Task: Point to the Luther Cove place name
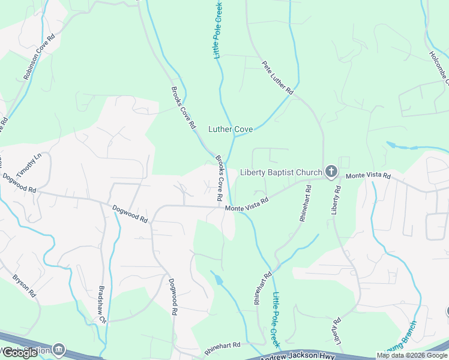(231, 129)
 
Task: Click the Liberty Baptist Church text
(281, 173)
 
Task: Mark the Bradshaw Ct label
(101, 304)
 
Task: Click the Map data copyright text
(411, 355)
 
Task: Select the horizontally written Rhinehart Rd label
(222, 346)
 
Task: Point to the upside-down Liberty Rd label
(334, 327)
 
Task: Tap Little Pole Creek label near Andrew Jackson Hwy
(277, 319)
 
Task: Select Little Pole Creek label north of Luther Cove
(219, 29)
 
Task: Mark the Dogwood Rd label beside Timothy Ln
(19, 183)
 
